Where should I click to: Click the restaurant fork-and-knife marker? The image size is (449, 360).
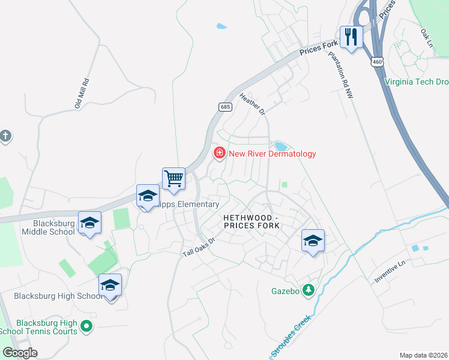click(351, 37)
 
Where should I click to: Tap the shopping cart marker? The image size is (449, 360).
click(173, 178)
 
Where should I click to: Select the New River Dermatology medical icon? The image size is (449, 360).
click(220, 154)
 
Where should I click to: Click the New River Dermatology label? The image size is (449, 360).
click(271, 154)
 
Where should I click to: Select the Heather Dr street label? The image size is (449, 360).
click(252, 103)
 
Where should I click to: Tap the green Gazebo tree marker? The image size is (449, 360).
click(309, 290)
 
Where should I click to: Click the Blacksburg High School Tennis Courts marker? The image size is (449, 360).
click(86, 327)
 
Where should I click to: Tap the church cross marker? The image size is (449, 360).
click(5, 136)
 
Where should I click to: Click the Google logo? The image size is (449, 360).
click(20, 352)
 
